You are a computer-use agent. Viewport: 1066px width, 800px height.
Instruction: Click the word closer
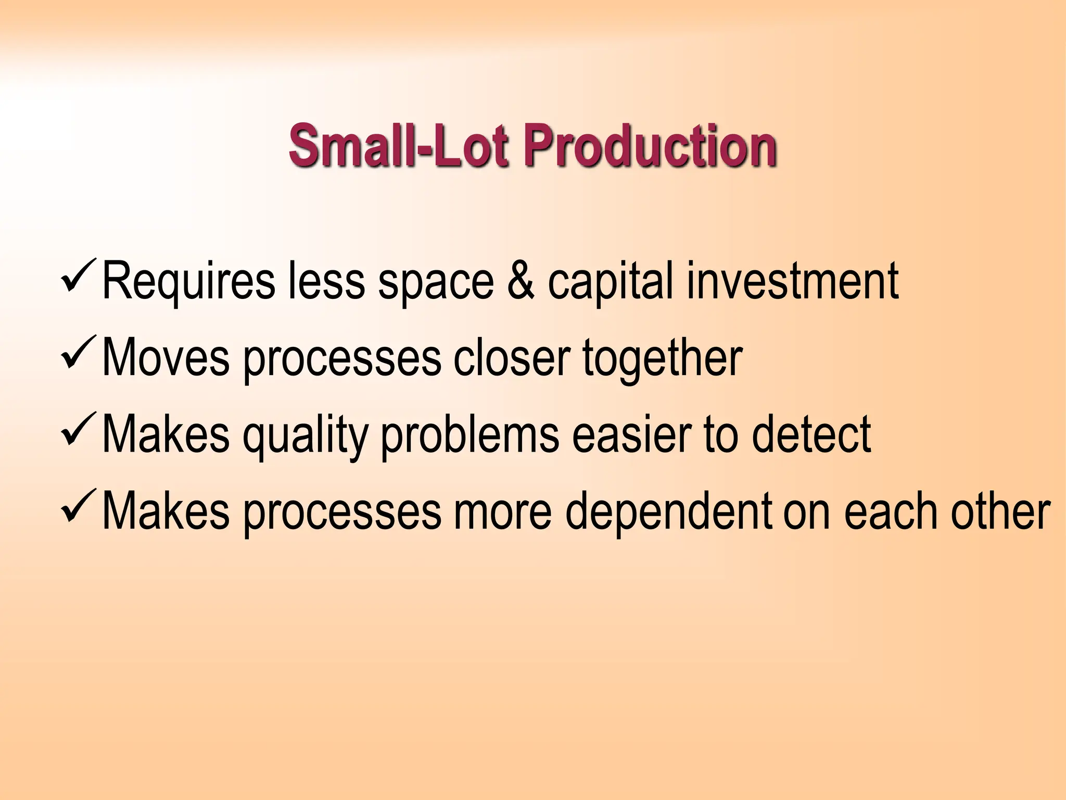click(x=512, y=358)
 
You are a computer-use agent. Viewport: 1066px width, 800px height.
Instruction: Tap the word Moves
click(x=166, y=358)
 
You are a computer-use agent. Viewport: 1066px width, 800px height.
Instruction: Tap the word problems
click(x=470, y=436)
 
